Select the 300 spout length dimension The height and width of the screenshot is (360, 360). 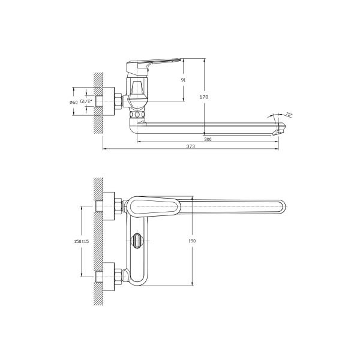coord(207,139)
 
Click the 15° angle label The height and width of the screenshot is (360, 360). coord(289,114)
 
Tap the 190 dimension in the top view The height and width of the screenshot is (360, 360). coord(192,241)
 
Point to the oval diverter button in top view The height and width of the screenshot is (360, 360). coord(137,241)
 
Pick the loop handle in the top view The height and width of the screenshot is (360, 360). coord(153,207)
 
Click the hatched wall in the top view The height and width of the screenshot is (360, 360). coord(98,240)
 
